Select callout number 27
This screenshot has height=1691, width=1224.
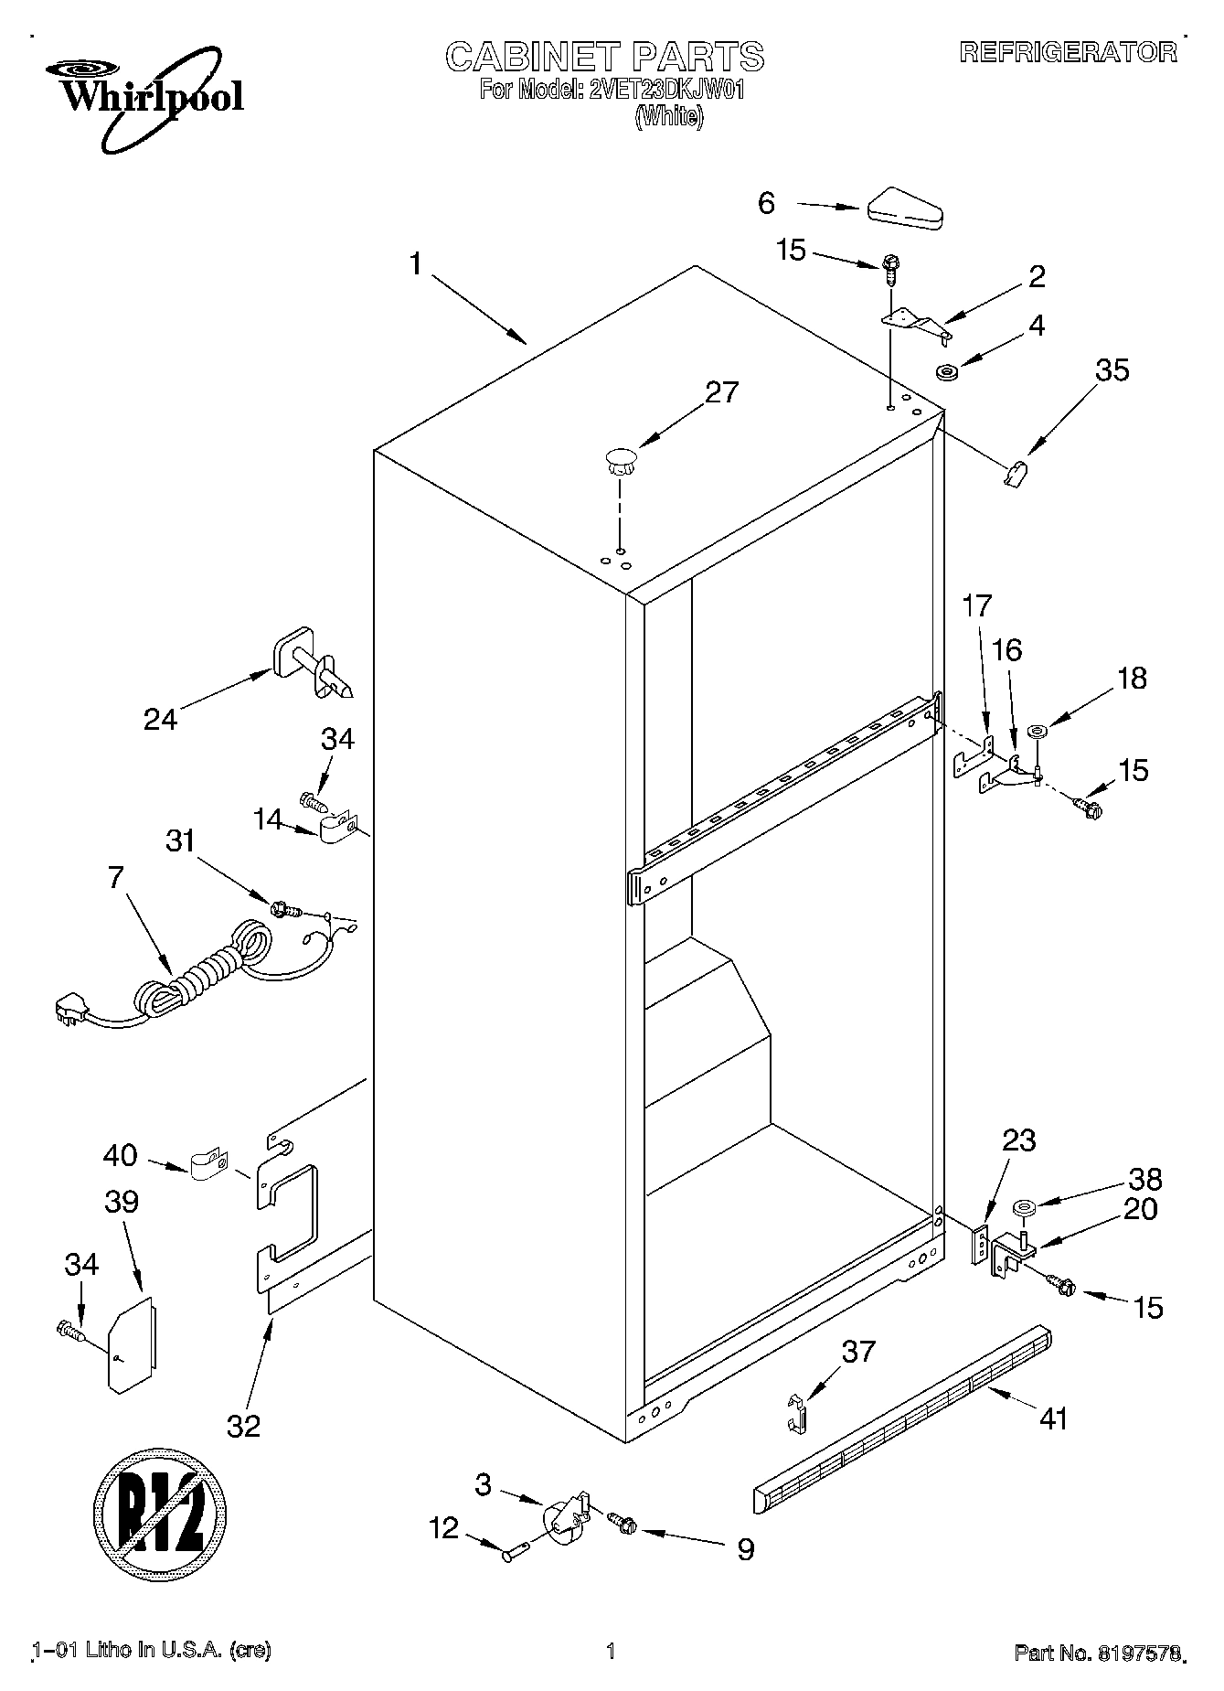pyautogui.click(x=721, y=392)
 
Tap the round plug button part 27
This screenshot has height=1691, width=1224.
pyautogui.click(x=621, y=459)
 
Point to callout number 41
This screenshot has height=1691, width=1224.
pyautogui.click(x=1053, y=1418)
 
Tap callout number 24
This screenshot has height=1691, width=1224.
pyautogui.click(x=160, y=720)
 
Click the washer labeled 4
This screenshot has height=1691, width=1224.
pyautogui.click(x=946, y=371)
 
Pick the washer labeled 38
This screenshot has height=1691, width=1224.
pyautogui.click(x=1023, y=1211)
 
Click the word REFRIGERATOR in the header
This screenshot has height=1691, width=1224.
pyautogui.click(x=1068, y=52)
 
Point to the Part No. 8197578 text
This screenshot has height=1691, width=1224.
pyautogui.click(x=1098, y=1654)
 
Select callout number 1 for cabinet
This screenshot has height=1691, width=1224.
pyautogui.click(x=416, y=265)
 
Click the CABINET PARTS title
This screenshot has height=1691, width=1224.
pyautogui.click(x=604, y=57)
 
